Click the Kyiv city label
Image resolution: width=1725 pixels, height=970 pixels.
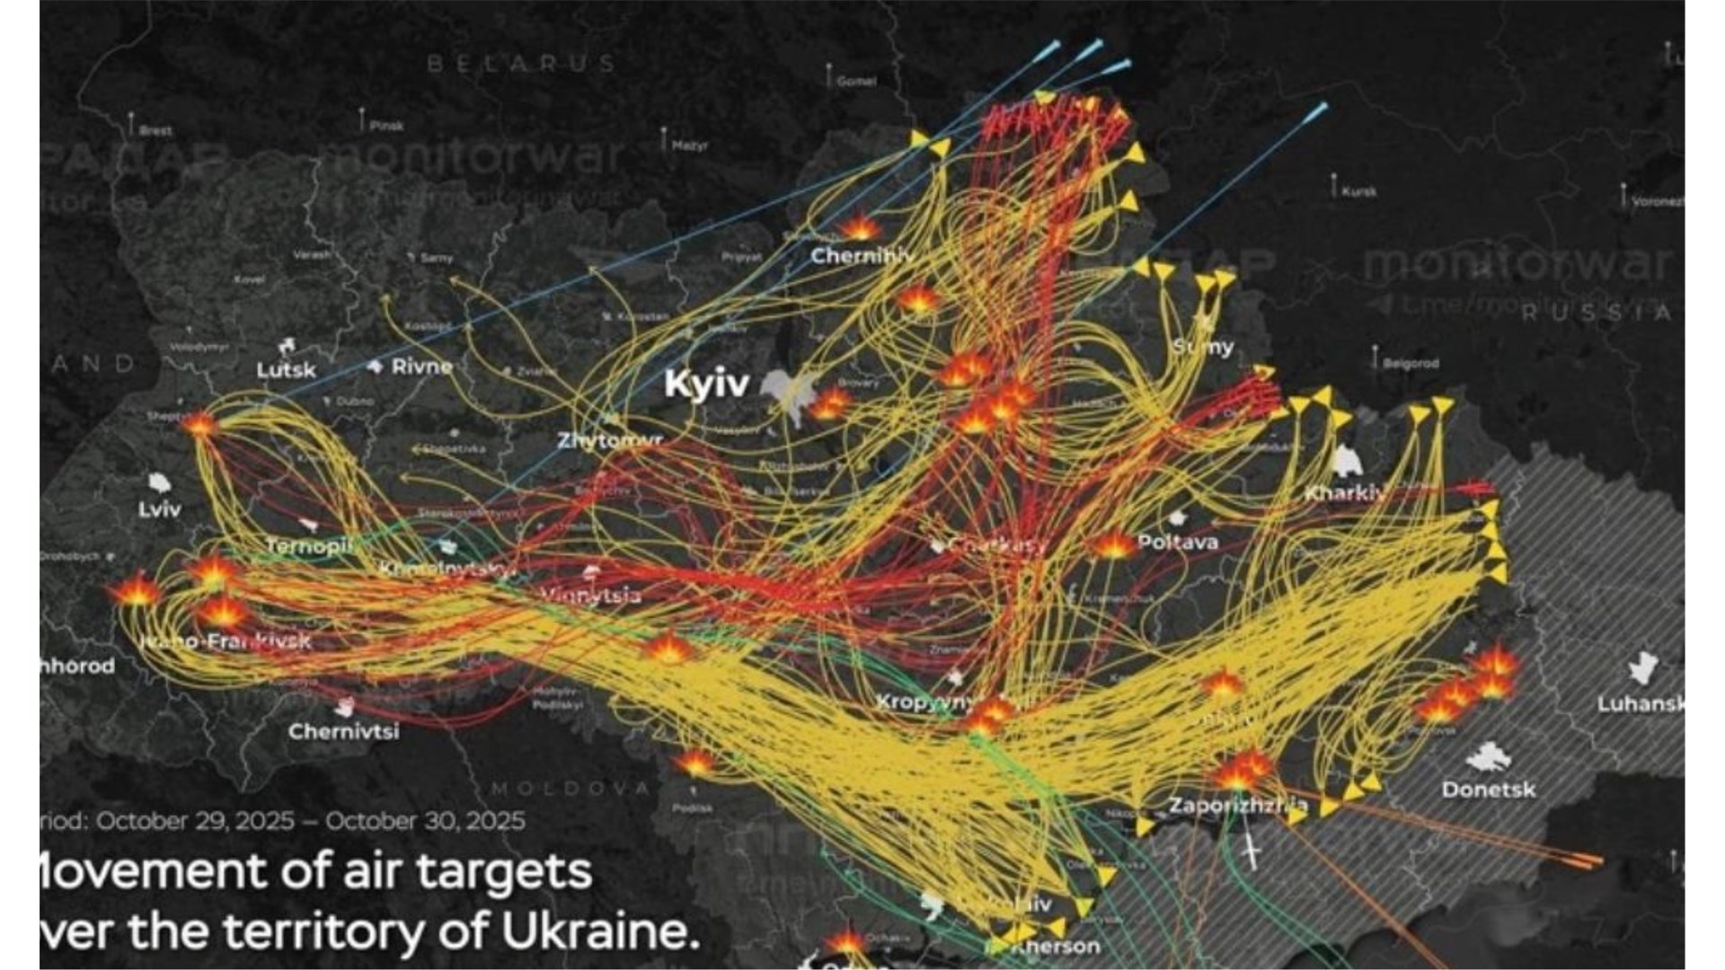[x=706, y=384]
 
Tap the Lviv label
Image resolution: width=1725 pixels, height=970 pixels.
[x=160, y=510]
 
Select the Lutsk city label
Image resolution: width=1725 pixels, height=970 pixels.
[x=286, y=370]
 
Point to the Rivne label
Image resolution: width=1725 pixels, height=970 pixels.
[x=421, y=366]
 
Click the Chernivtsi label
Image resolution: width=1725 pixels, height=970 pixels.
[x=343, y=731]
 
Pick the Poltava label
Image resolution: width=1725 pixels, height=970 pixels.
[x=1177, y=542]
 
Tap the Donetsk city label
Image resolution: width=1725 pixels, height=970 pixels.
[x=1489, y=789]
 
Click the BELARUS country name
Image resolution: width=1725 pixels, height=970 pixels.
[x=521, y=64]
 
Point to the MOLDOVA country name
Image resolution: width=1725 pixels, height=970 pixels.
[x=571, y=789]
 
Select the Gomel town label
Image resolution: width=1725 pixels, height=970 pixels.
[x=855, y=81]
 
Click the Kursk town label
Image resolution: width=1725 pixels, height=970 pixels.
[x=1358, y=191]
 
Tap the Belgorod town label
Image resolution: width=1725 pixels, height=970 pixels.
[x=1410, y=364]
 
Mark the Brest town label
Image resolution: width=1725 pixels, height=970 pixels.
[x=155, y=130]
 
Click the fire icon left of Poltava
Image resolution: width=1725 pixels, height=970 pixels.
[x=1112, y=544]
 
